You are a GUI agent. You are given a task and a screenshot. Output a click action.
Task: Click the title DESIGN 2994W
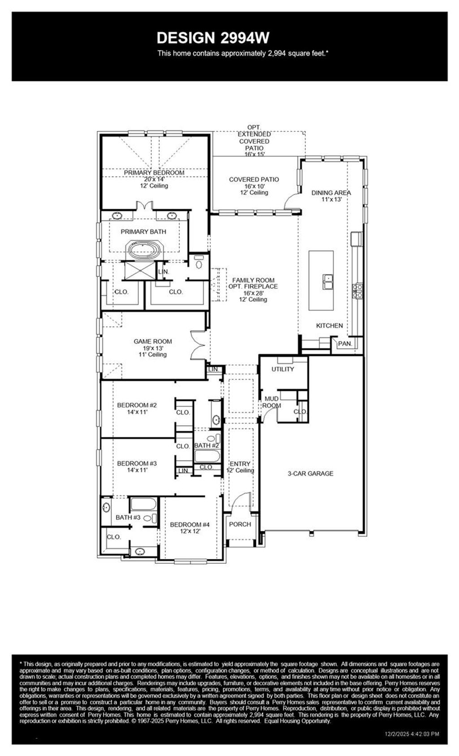213,38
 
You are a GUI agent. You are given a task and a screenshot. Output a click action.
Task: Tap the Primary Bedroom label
154,173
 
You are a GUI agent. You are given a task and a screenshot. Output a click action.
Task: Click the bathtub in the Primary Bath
144,250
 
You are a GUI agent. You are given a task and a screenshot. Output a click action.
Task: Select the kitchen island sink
328,282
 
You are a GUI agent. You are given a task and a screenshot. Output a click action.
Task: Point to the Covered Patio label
254,180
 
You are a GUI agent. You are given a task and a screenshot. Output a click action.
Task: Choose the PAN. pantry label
345,344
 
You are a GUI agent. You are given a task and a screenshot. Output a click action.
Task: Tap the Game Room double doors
198,345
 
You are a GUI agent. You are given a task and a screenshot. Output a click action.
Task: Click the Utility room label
283,369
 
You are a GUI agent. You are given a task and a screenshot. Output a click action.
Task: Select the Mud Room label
271,402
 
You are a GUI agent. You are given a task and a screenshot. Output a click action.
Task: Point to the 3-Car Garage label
310,473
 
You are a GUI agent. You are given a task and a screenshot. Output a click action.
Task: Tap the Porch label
240,524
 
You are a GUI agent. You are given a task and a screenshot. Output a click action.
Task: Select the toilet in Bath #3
150,518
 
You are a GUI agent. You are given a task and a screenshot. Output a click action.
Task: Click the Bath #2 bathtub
207,457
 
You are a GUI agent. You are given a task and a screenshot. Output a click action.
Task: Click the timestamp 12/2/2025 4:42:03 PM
412,734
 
